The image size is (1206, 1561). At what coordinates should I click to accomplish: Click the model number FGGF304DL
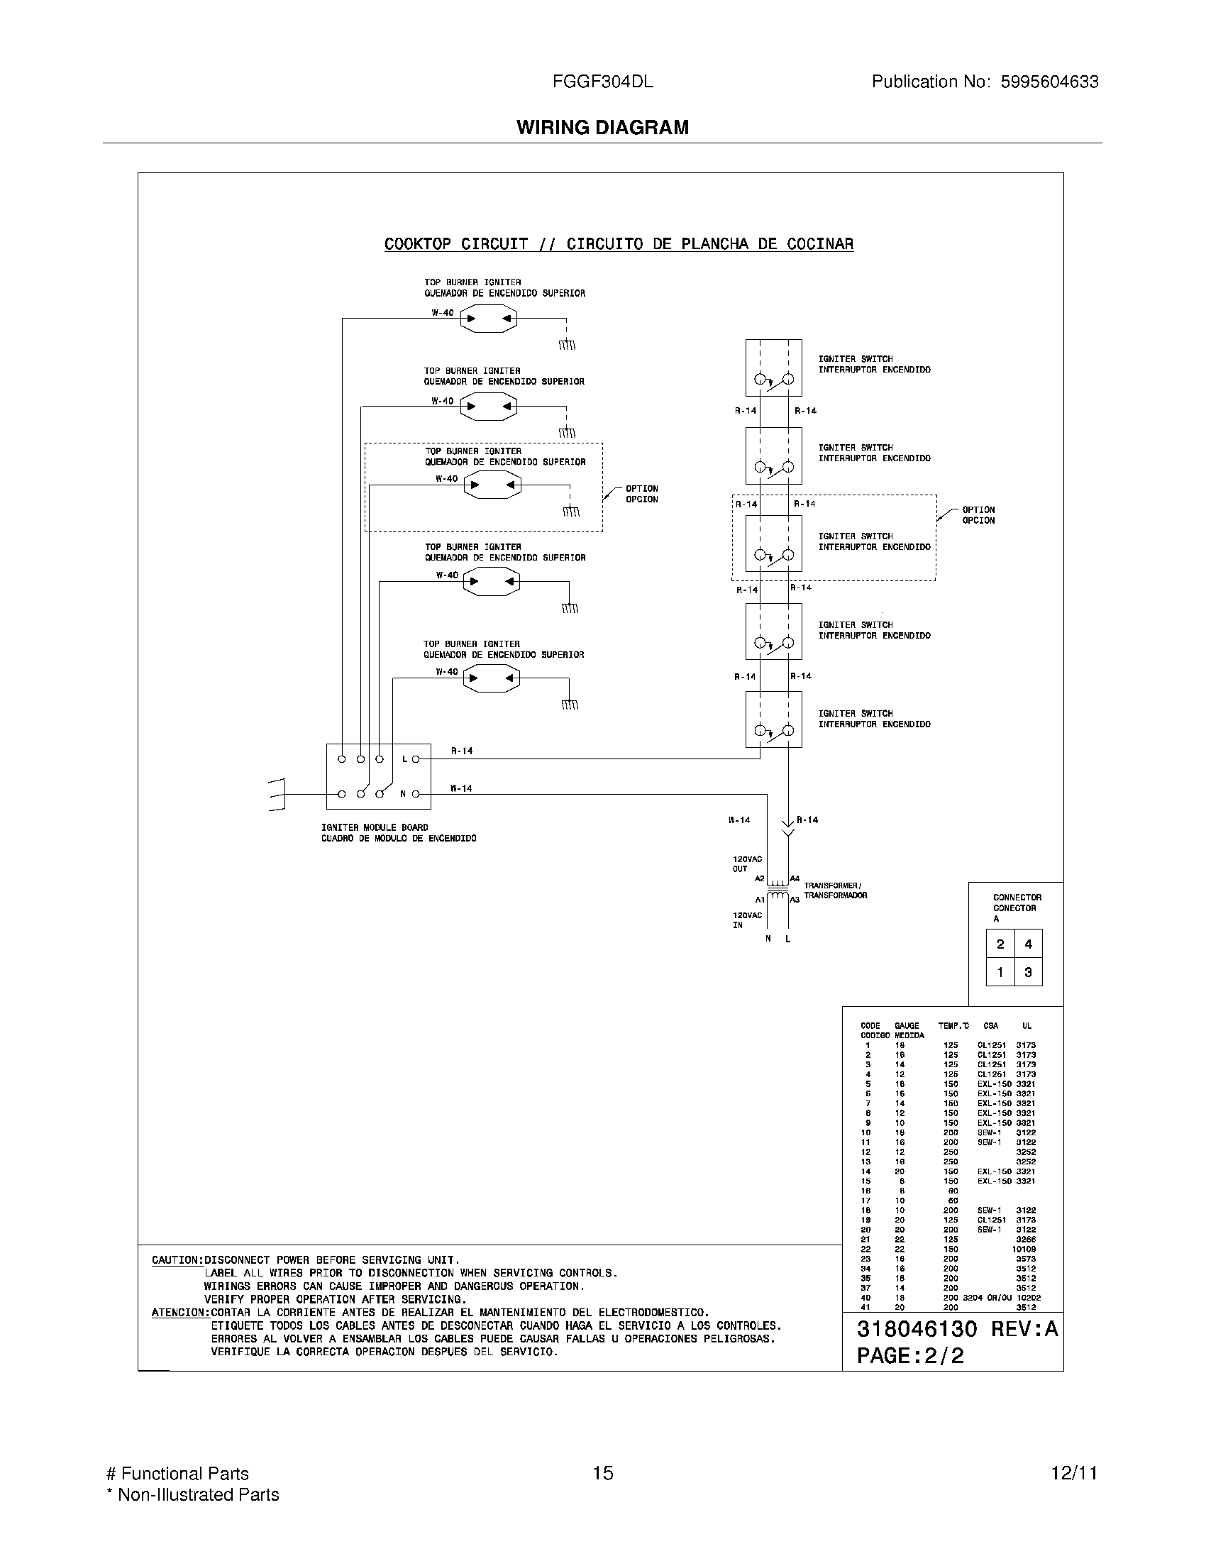click(602, 82)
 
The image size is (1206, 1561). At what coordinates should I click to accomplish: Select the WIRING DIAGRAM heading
click(602, 127)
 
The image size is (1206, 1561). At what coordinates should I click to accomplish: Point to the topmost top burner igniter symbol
click(489, 319)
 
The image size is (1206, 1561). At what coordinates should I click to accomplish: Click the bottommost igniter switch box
click(773, 719)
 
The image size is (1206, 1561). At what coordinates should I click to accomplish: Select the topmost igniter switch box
click(773, 368)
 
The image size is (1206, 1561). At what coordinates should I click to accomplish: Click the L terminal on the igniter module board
click(416, 759)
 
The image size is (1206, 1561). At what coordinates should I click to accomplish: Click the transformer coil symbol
click(778, 890)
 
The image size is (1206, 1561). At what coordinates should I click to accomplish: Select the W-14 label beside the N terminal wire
click(461, 788)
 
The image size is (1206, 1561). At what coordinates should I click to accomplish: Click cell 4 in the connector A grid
click(1028, 944)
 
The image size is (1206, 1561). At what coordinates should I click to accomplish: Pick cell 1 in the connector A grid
click(1000, 972)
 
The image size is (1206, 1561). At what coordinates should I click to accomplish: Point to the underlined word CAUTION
click(177, 1260)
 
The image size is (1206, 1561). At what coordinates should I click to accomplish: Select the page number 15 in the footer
click(602, 1473)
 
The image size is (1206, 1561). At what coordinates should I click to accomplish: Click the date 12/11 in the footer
click(1073, 1473)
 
